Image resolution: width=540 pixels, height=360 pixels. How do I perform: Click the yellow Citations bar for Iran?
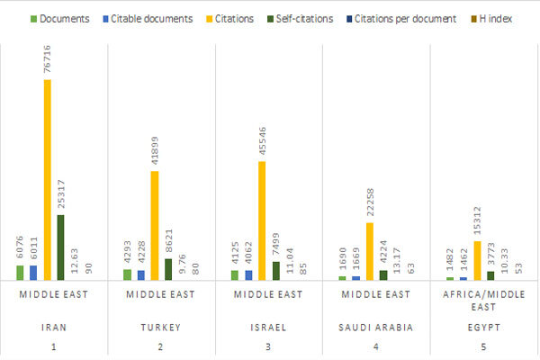click(47, 180)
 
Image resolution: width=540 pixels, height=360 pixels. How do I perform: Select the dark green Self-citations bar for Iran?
click(60, 247)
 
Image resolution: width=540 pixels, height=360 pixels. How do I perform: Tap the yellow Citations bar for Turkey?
click(154, 225)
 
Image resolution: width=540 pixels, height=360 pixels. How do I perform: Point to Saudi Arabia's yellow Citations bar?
click(370, 251)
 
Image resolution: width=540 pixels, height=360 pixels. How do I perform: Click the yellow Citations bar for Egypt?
click(477, 260)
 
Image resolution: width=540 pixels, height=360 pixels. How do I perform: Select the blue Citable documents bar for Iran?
click(33, 272)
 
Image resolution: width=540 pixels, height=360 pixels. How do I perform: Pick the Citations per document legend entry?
click(410, 17)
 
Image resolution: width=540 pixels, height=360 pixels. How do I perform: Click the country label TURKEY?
click(161, 328)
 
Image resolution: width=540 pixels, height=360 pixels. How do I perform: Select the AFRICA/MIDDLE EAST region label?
click(484, 300)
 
